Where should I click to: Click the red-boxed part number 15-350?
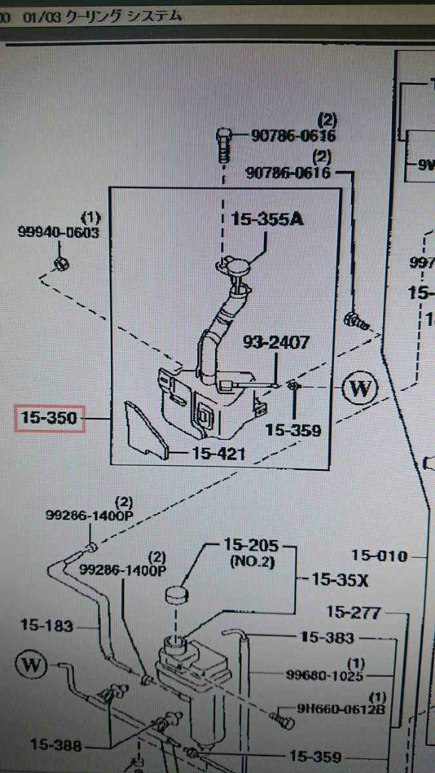(49, 419)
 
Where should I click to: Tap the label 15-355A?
(267, 220)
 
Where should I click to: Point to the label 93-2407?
(276, 343)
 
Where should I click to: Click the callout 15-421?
(217, 453)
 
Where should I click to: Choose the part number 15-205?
(251, 546)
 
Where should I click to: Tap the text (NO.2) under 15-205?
(252, 562)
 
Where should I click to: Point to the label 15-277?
(354, 611)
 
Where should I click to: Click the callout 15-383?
(327, 638)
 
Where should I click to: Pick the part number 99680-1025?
(325, 675)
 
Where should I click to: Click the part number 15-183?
(47, 624)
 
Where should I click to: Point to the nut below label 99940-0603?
(62, 262)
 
